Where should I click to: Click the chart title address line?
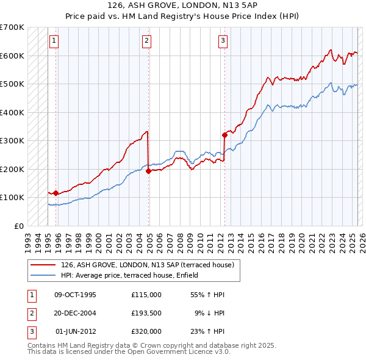[183, 5]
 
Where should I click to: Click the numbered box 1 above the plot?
[54, 41]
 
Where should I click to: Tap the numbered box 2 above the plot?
[147, 41]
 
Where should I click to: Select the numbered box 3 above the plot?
[223, 41]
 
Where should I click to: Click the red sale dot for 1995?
[56, 193]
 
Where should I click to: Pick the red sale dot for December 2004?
[148, 171]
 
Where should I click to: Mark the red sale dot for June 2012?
[224, 135]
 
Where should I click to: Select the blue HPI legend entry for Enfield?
[134, 276]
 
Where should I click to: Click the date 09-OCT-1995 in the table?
[75, 295]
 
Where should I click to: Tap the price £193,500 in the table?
[146, 313]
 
